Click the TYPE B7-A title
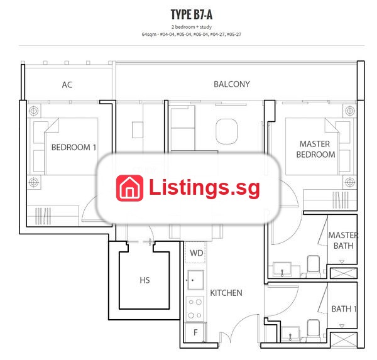coord(192,14)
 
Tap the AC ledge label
coord(67,85)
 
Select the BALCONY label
coord(232,84)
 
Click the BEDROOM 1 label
coord(74,147)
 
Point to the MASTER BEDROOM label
coord(315,150)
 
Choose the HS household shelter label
coord(145,280)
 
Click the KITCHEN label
coord(226,293)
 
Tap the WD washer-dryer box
coord(195,253)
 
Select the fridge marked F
coord(195,332)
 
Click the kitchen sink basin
coord(195,280)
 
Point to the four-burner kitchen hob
coord(195,308)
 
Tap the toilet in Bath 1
coord(314,330)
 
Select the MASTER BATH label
coord(343,241)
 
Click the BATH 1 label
coord(344,308)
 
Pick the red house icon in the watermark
coord(129,188)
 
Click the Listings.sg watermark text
coord(204,188)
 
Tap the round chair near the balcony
coord(226,131)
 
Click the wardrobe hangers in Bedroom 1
coord(43,216)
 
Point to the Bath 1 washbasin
coord(290,334)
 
